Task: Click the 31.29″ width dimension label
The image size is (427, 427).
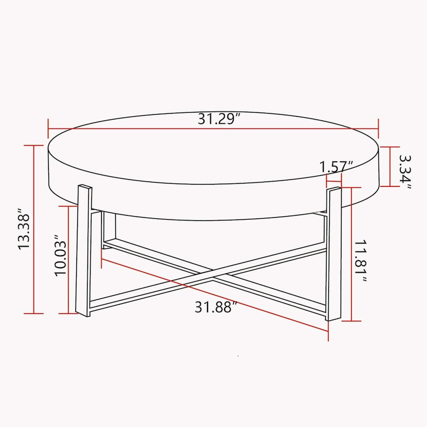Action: coord(217,118)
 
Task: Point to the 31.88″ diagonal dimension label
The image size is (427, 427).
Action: coord(215,307)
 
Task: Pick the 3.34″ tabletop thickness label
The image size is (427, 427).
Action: coord(405,171)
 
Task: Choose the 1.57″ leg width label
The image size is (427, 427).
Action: coord(337,166)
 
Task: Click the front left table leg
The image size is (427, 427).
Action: coord(83,251)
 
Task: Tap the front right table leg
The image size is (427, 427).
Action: coord(333,254)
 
